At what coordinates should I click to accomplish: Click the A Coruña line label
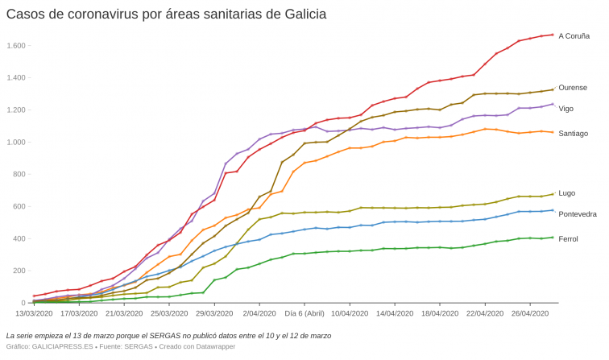pyautogui.click(x=574, y=35)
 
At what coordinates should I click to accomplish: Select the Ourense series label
pyautogui.click(x=572, y=87)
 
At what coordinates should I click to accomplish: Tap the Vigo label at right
pyautogui.click(x=565, y=108)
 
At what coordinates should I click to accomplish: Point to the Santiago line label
pyautogui.click(x=573, y=133)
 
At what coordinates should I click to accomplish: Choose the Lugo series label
pyautogui.click(x=566, y=192)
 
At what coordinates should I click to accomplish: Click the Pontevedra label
pyautogui.click(x=577, y=213)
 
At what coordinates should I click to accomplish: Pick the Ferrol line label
pyautogui.click(x=568, y=238)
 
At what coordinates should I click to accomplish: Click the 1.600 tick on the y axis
pyautogui.click(x=16, y=45)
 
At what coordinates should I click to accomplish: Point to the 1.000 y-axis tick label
pyautogui.click(x=16, y=142)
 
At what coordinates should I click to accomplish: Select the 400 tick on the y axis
pyautogui.click(x=19, y=238)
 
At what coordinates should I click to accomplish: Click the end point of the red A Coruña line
pyautogui.click(x=553, y=35)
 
